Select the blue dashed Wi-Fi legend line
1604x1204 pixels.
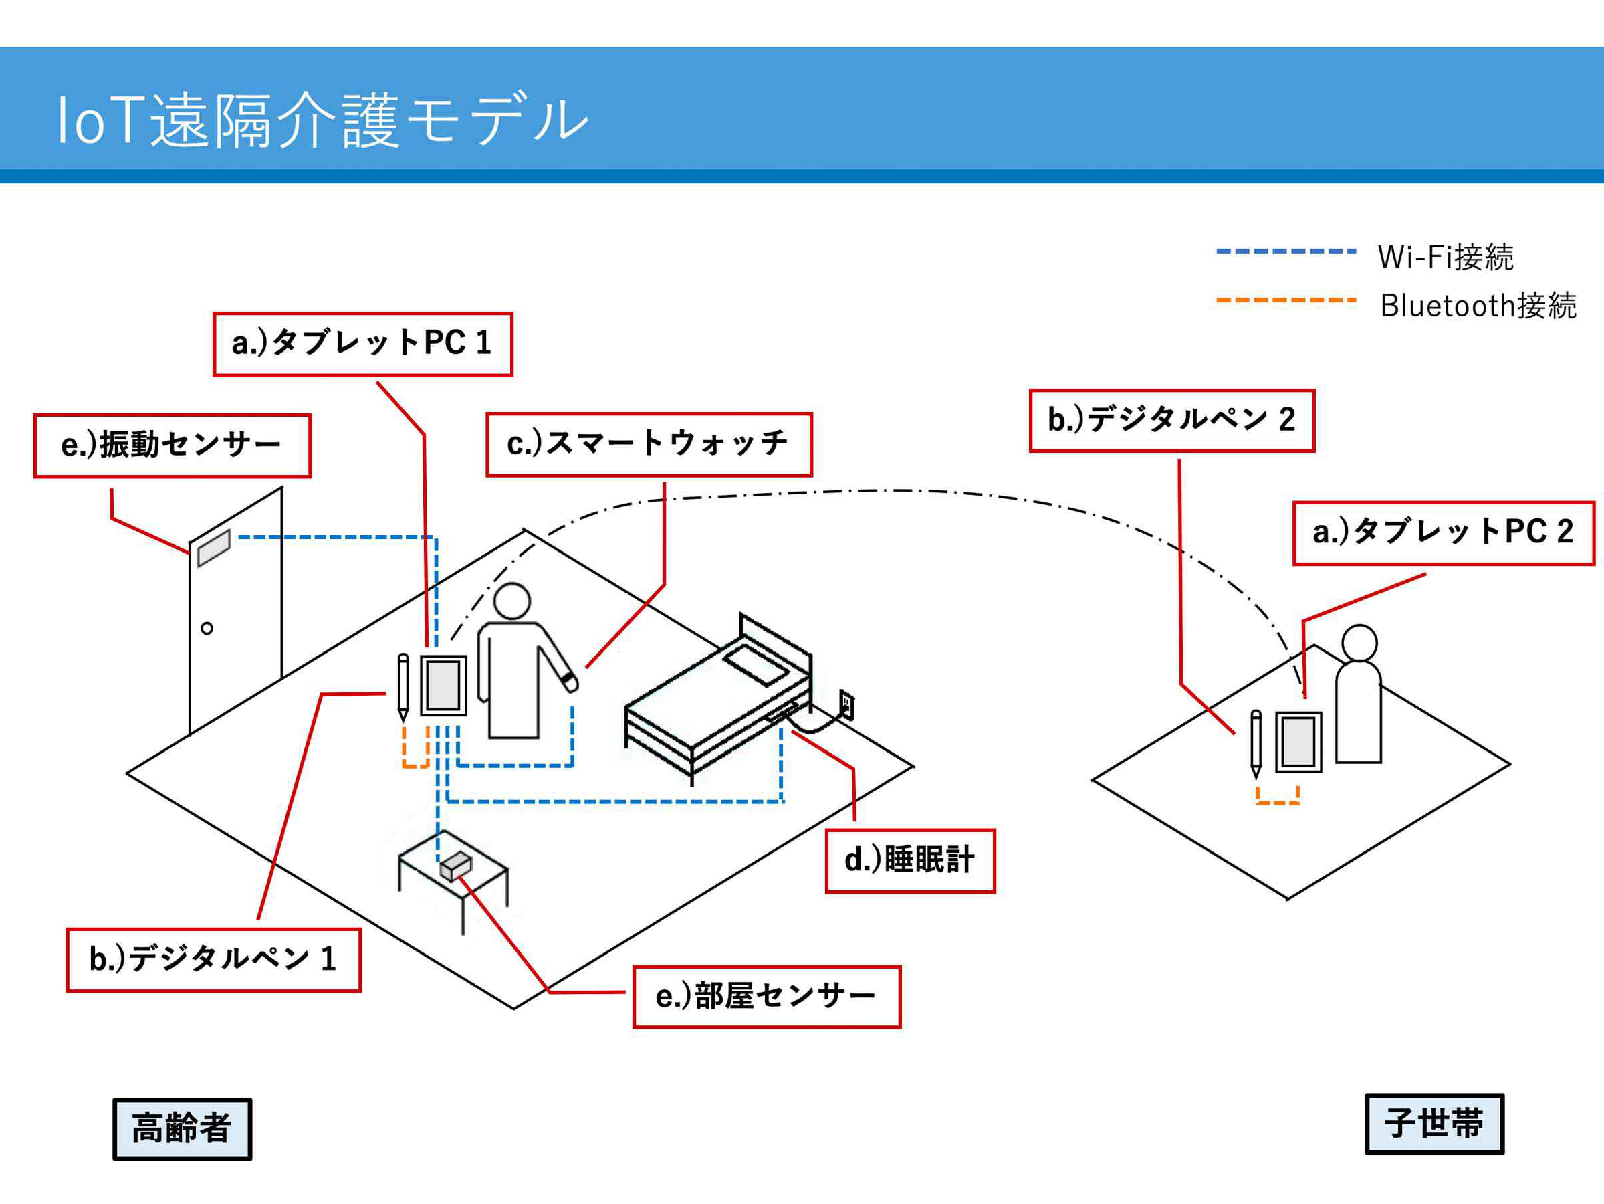click(1286, 251)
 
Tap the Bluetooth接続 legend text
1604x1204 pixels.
click(1478, 306)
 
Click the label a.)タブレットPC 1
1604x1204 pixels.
click(362, 344)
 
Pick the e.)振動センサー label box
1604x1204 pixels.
click(172, 445)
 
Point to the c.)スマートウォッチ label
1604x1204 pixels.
click(649, 444)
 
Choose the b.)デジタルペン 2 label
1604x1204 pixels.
click(1171, 420)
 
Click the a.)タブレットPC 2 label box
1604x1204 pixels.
click(1443, 532)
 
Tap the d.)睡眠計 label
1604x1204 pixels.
click(910, 860)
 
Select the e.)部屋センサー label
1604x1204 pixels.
click(766, 997)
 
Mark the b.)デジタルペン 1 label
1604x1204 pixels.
click(213, 960)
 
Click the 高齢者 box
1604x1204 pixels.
click(182, 1128)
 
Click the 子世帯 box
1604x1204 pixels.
click(1434, 1124)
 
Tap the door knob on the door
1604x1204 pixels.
click(207, 628)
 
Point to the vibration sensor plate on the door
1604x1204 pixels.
click(214, 548)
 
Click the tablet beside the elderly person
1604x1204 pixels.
click(443, 686)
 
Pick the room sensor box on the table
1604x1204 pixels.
click(455, 866)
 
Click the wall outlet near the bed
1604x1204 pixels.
click(846, 703)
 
